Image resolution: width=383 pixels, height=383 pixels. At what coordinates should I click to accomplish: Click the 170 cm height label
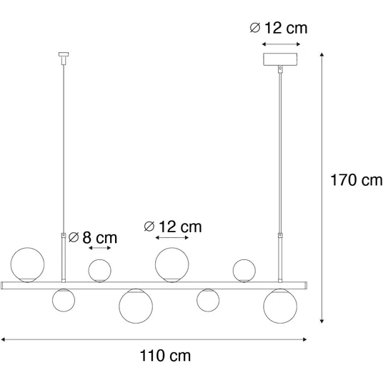357,180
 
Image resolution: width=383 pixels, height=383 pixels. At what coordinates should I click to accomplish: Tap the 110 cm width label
165,356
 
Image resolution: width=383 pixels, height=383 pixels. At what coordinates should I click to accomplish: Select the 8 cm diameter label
93,237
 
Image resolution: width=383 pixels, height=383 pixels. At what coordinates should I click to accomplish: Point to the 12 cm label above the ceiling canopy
279,28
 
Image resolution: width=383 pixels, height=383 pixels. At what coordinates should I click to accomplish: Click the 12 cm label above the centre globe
173,227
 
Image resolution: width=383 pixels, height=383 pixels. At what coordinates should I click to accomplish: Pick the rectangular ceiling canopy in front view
280,59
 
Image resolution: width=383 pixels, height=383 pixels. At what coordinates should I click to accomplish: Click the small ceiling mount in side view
64,58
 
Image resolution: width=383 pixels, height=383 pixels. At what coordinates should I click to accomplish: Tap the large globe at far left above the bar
27,265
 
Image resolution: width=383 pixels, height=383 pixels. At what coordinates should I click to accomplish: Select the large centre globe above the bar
172,265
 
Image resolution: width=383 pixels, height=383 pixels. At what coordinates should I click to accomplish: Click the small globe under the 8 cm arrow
99,271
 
